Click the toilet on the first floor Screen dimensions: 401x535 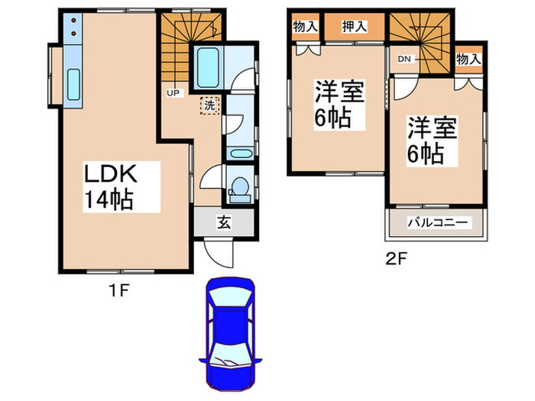coord(239,188)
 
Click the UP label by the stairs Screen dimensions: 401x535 coord(173,92)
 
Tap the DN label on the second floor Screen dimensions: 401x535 coord(403,59)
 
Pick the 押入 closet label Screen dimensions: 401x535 coord(353,27)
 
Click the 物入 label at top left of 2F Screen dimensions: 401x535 coord(306,27)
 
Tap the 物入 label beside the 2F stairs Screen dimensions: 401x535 coord(469,59)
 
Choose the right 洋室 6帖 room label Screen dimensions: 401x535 coord(433,139)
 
